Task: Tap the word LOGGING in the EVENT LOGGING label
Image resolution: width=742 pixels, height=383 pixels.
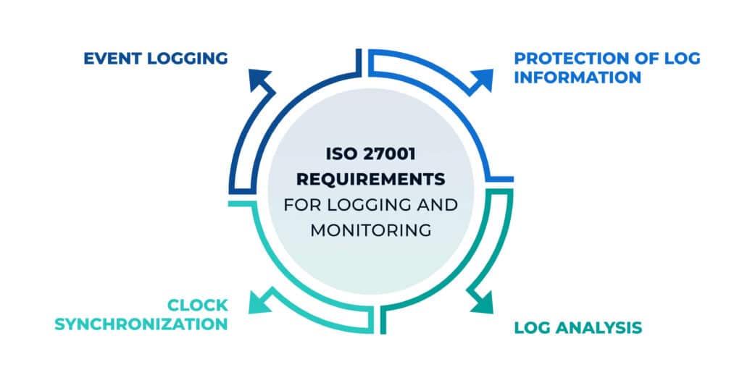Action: point(185,59)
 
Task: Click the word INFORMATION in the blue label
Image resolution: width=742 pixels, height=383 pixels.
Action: point(578,77)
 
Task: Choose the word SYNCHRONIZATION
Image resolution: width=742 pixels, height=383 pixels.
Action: point(141,323)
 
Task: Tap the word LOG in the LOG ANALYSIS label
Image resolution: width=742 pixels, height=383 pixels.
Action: point(531,327)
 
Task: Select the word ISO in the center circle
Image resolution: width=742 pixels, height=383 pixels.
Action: point(341,155)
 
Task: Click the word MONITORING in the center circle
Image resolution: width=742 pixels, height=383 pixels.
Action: point(371,230)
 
